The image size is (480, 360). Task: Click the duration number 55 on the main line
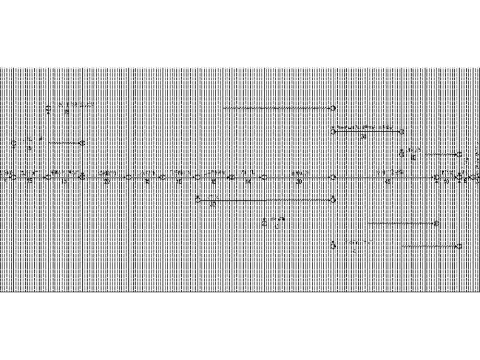(x=30, y=182)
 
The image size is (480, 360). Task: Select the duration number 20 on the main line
(x=107, y=182)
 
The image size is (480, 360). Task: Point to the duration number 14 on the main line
(x=248, y=182)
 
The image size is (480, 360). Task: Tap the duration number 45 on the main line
(x=387, y=182)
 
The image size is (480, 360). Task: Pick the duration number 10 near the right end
(x=446, y=182)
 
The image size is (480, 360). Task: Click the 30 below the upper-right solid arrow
(x=364, y=136)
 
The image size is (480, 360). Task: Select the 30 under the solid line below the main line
(x=213, y=204)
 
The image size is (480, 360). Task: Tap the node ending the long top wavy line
(x=333, y=109)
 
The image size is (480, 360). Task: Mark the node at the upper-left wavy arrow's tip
(x=82, y=143)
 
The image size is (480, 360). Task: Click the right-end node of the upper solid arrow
(x=402, y=131)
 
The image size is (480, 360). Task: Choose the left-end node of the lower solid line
(x=198, y=200)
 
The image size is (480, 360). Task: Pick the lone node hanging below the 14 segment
(x=265, y=222)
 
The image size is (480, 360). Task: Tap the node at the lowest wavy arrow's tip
(x=459, y=246)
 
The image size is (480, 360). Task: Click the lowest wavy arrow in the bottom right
(x=429, y=246)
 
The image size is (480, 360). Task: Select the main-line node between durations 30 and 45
(x=333, y=177)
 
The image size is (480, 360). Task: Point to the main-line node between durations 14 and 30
(x=265, y=177)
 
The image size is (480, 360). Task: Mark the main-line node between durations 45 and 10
(x=436, y=177)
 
